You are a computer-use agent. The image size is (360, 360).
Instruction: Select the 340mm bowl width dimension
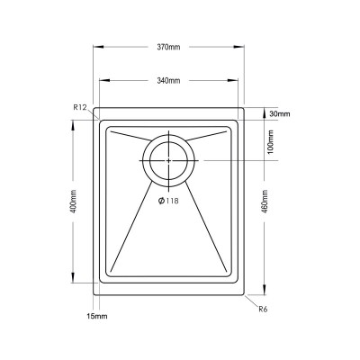click(168, 80)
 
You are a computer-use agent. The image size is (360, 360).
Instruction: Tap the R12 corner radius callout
click(79, 108)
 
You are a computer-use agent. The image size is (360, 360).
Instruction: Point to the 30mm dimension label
click(278, 114)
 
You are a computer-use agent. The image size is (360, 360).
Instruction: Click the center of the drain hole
click(168, 159)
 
